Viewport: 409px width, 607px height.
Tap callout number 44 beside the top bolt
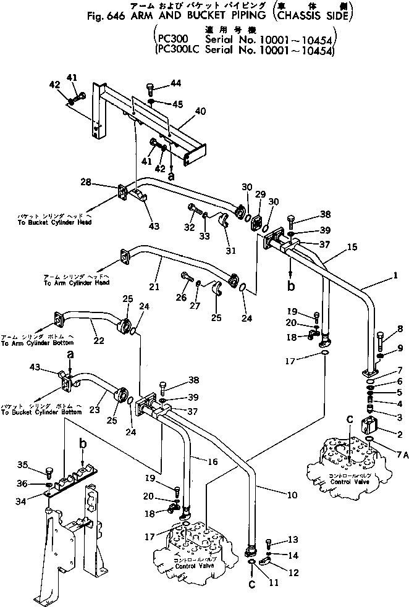point(177,83)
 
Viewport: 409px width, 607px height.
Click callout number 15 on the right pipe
point(352,246)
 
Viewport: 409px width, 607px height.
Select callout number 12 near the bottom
point(293,572)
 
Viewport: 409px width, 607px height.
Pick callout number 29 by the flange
point(260,195)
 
